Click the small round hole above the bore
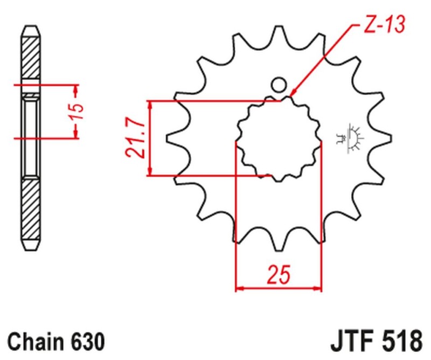pyautogui.click(x=279, y=85)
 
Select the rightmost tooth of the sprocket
pyautogui.click(x=383, y=138)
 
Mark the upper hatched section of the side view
pyautogui.click(x=31, y=57)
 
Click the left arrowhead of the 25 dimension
pyautogui.click(x=240, y=288)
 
